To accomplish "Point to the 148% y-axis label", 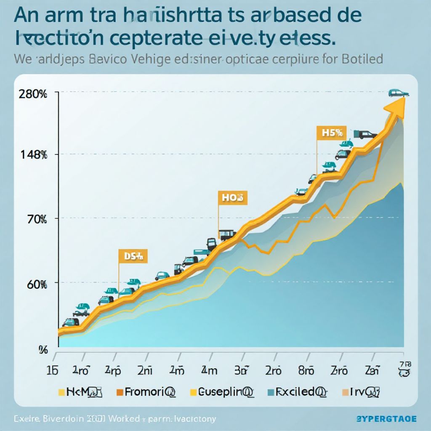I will coord(33,154).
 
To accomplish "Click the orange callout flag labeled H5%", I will coord(330,133).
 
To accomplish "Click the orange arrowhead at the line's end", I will coord(396,105).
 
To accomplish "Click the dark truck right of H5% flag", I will coord(365,134).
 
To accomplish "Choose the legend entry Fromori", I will coord(145,392).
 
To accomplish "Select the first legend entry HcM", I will coord(80,392).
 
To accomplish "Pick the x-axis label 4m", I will coord(209,371).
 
